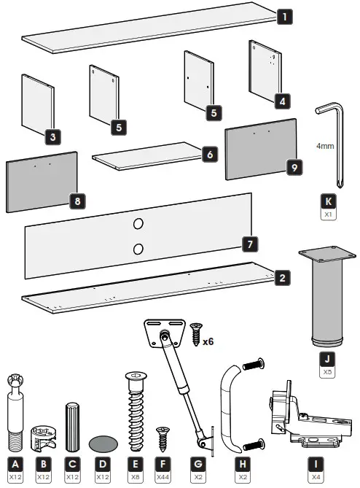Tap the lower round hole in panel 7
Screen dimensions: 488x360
(138, 249)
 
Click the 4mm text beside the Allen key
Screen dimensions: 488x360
(325, 145)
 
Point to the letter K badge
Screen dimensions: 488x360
(330, 202)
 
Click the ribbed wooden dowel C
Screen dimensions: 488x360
(72, 426)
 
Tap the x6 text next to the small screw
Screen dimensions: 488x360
(208, 341)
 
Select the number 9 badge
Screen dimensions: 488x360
(294, 167)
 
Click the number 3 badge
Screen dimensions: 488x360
(51, 136)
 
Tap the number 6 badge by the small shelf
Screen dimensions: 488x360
(209, 155)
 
